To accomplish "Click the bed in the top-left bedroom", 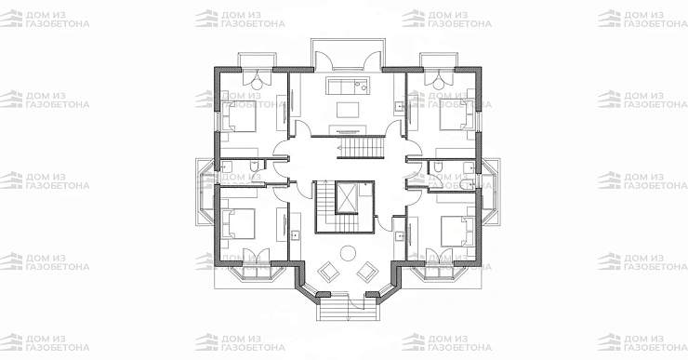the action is (x=238, y=116).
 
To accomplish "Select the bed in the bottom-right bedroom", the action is (x=456, y=231).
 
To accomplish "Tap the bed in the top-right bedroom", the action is (x=456, y=114).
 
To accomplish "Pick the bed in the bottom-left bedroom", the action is (x=238, y=223).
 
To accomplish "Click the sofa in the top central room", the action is (x=347, y=86).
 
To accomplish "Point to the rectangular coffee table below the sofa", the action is (x=348, y=110).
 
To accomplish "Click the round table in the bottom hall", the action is (x=349, y=253).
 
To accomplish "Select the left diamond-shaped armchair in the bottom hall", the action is (x=328, y=273).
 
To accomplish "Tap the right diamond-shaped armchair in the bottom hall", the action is (x=367, y=273).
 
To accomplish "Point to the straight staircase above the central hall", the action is (x=361, y=148).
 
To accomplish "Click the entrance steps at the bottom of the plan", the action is (x=348, y=310).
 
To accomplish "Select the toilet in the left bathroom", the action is (x=254, y=165).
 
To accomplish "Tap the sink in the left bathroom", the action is (x=227, y=166).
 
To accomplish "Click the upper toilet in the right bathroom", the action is (x=437, y=167).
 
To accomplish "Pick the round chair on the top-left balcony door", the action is (x=257, y=79).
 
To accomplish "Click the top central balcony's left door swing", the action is (x=324, y=60).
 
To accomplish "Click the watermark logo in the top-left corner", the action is (x=11, y=19).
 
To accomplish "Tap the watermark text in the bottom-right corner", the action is (x=655, y=343).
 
